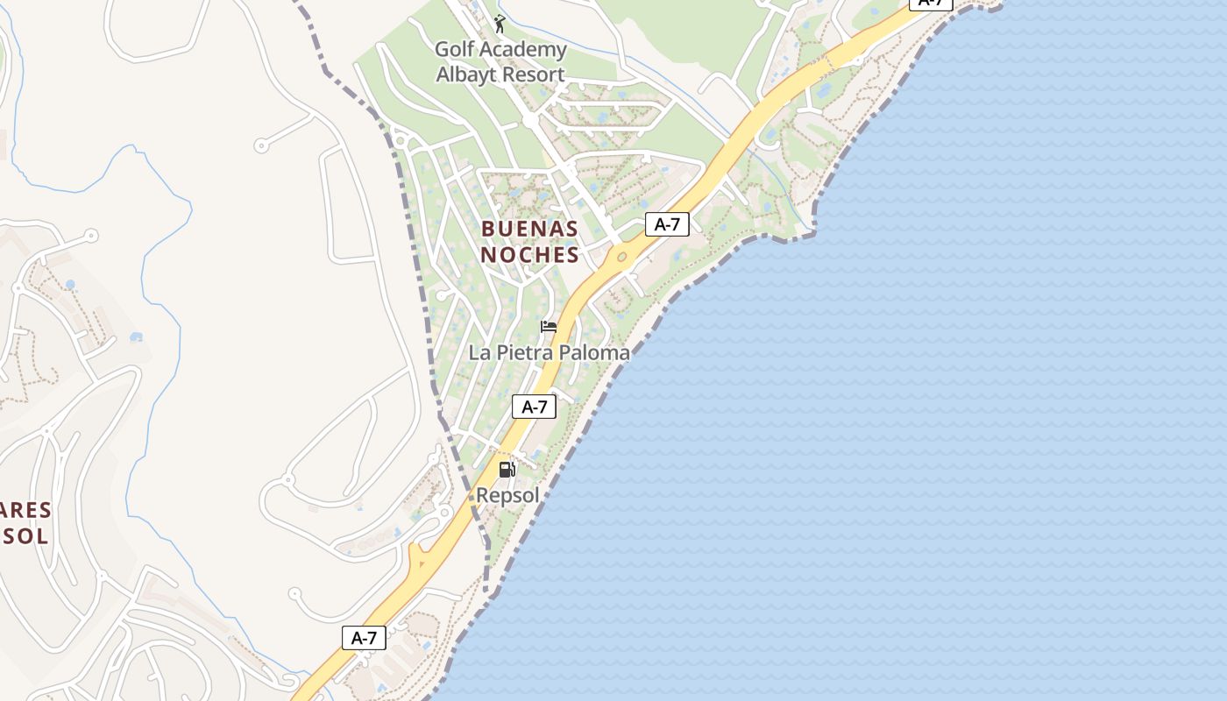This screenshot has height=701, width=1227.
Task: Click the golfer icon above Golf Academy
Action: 500,23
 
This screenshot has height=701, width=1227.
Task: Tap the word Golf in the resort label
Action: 455,50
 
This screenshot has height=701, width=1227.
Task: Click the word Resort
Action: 534,74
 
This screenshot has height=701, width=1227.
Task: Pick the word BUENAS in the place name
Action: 529,230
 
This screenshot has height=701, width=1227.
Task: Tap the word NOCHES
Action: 529,255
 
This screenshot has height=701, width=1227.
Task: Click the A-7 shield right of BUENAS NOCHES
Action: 667,224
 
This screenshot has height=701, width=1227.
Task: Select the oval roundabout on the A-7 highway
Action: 622,257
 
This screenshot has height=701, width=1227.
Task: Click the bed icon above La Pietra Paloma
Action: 549,327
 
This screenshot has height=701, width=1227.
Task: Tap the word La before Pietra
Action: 479,353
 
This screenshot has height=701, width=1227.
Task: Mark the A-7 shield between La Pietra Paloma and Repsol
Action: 534,407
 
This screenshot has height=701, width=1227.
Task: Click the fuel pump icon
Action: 507,470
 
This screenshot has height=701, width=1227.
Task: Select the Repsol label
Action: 507,495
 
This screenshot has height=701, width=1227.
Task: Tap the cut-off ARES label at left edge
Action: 25,510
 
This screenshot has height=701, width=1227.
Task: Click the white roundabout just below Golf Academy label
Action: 531,121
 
